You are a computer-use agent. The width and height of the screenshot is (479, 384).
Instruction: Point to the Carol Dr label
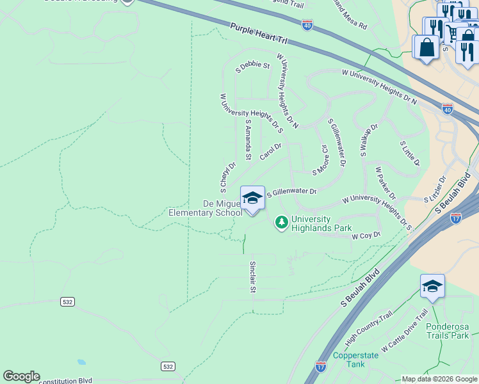[270, 152]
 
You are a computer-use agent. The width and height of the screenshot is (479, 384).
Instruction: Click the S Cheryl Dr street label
[227, 177]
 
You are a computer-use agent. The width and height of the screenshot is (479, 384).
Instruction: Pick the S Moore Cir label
[321, 160]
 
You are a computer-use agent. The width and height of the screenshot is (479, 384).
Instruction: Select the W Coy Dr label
[366, 236]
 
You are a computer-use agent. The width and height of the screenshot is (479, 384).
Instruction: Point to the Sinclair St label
[252, 277]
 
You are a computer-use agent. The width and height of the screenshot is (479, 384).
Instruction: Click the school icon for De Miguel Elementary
[252, 198]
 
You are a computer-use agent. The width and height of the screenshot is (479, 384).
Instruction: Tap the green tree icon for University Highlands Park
[280, 222]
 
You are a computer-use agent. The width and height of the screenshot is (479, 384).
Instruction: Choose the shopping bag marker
[426, 47]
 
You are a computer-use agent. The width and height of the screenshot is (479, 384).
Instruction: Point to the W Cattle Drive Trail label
[404, 331]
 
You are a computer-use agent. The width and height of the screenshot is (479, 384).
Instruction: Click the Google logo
[21, 376]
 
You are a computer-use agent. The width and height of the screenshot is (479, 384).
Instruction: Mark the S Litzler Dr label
[435, 190]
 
